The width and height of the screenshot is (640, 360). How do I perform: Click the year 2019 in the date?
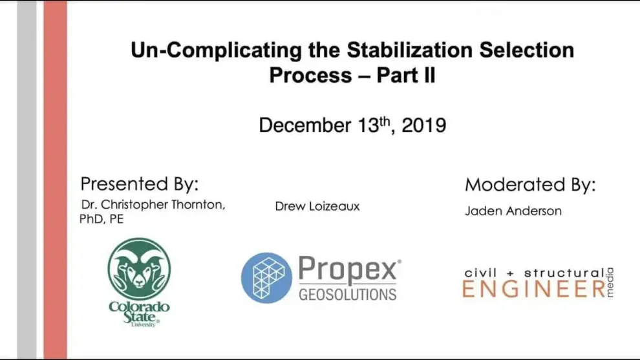pos(423,125)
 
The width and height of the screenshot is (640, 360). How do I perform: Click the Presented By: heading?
pos(139,184)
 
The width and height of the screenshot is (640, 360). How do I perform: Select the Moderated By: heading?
pos(530,185)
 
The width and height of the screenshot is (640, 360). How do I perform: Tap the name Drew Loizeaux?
pos(317,206)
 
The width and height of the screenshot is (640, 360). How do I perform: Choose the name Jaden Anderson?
pos(513,211)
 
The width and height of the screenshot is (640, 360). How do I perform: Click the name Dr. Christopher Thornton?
pos(153,205)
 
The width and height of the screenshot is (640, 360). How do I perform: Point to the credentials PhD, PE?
pos(101,219)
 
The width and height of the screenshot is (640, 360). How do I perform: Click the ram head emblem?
pos(139,269)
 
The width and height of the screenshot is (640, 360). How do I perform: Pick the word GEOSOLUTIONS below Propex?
pos(348,295)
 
